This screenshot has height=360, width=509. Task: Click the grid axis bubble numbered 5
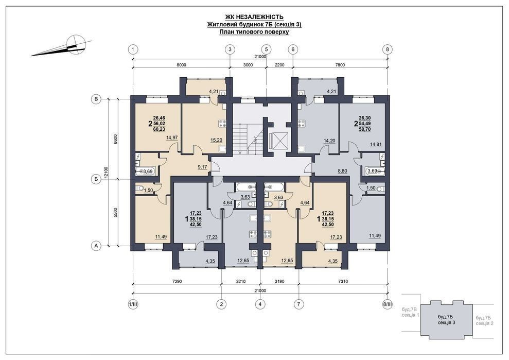[267, 49]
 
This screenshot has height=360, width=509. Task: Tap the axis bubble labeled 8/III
[388, 304]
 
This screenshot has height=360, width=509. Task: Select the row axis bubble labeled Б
[96, 179]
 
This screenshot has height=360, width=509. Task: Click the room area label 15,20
[216, 140]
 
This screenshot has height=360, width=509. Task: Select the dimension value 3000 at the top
[248, 65]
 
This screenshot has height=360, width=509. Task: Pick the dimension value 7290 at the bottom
[177, 281]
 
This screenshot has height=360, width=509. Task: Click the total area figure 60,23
[159, 129]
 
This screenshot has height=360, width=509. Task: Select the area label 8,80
[342, 170]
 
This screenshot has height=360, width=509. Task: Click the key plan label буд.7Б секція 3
[446, 320]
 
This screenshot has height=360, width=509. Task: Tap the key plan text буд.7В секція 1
[411, 312]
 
